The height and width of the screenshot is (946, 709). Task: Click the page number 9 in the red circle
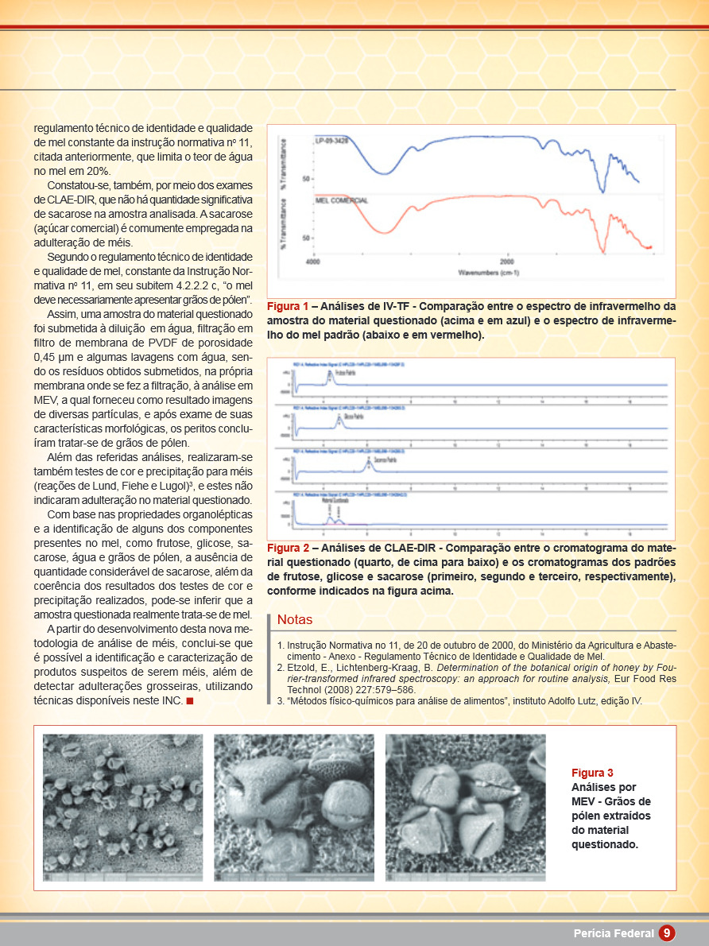pos(667,932)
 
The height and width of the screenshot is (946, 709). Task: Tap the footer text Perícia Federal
pos(614,933)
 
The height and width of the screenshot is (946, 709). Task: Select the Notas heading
pos(295,620)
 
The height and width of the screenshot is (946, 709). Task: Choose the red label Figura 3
pos(592,773)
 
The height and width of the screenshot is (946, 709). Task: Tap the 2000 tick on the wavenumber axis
pos(506,262)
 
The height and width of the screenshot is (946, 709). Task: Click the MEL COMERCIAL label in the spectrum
pos(342,200)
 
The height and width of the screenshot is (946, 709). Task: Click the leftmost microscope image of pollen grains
pos(123,808)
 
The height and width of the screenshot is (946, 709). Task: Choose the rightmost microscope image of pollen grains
pos(466,808)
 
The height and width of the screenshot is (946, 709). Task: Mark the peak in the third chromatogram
pos(368,462)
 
